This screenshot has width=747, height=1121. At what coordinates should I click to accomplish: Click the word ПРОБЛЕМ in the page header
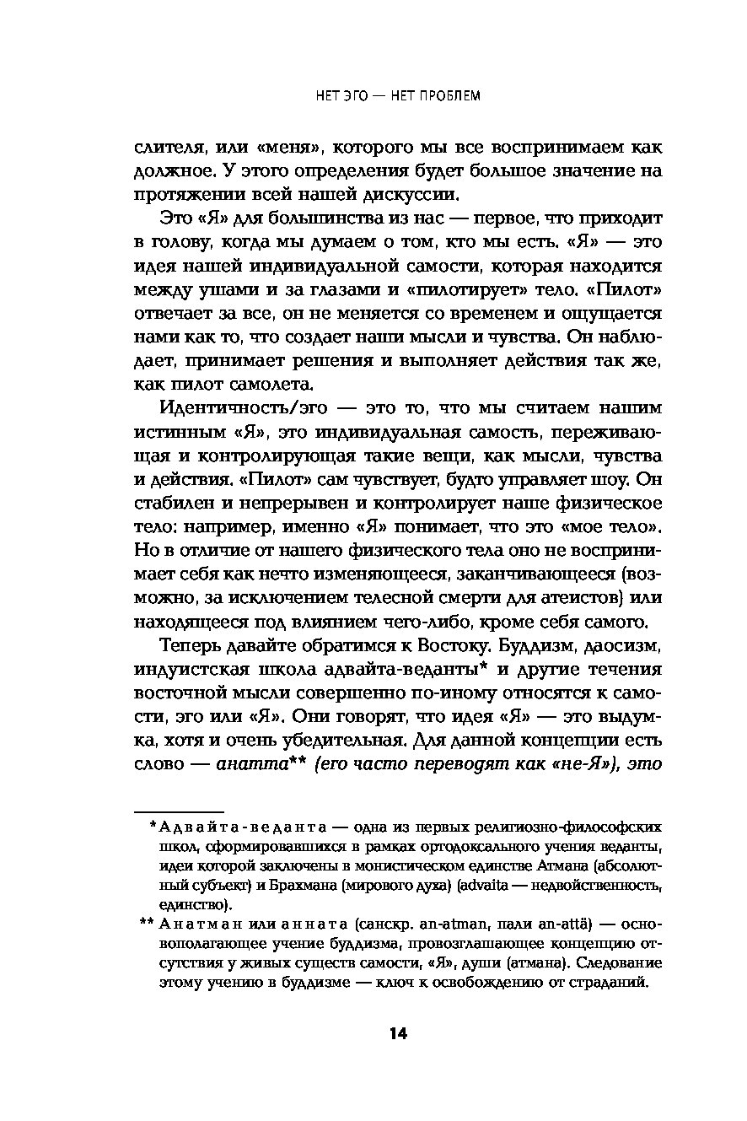(x=449, y=95)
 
